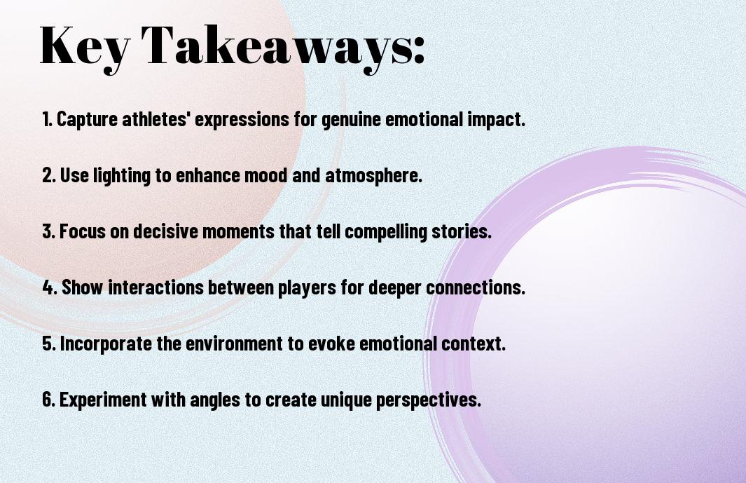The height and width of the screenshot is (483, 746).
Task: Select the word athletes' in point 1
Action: (x=156, y=119)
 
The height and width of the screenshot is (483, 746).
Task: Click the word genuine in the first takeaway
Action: (x=352, y=120)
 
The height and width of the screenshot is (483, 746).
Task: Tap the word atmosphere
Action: (x=373, y=176)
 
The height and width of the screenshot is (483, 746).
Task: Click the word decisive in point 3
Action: (x=165, y=231)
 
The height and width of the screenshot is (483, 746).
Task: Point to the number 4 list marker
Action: (x=50, y=287)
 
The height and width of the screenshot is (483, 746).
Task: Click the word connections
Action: (x=476, y=287)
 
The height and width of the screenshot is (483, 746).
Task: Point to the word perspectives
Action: (x=429, y=400)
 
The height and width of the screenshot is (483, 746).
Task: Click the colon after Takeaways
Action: (x=418, y=50)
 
